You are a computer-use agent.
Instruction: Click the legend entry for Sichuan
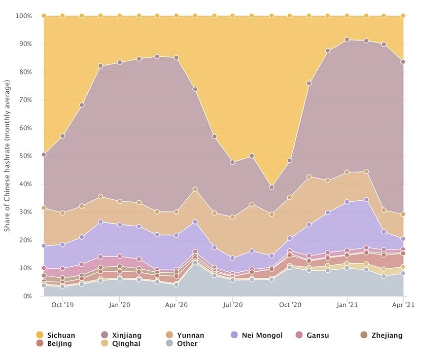pos(56,335)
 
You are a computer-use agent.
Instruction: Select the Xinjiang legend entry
pos(122,335)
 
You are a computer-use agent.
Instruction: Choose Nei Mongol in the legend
pos(257,335)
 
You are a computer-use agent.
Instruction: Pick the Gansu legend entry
pos(314,335)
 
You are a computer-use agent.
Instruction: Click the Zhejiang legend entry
pos(382,335)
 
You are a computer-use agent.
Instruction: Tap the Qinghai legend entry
pos(122,344)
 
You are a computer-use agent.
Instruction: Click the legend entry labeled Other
pos(182,344)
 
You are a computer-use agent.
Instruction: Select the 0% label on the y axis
pos(25,296)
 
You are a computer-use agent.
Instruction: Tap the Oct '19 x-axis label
pos(63,305)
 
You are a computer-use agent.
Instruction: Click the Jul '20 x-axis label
pos(233,305)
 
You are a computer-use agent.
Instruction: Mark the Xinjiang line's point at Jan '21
pos(347,40)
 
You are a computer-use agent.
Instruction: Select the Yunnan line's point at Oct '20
pos(290,197)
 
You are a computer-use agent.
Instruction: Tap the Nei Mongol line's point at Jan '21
pos(347,202)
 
